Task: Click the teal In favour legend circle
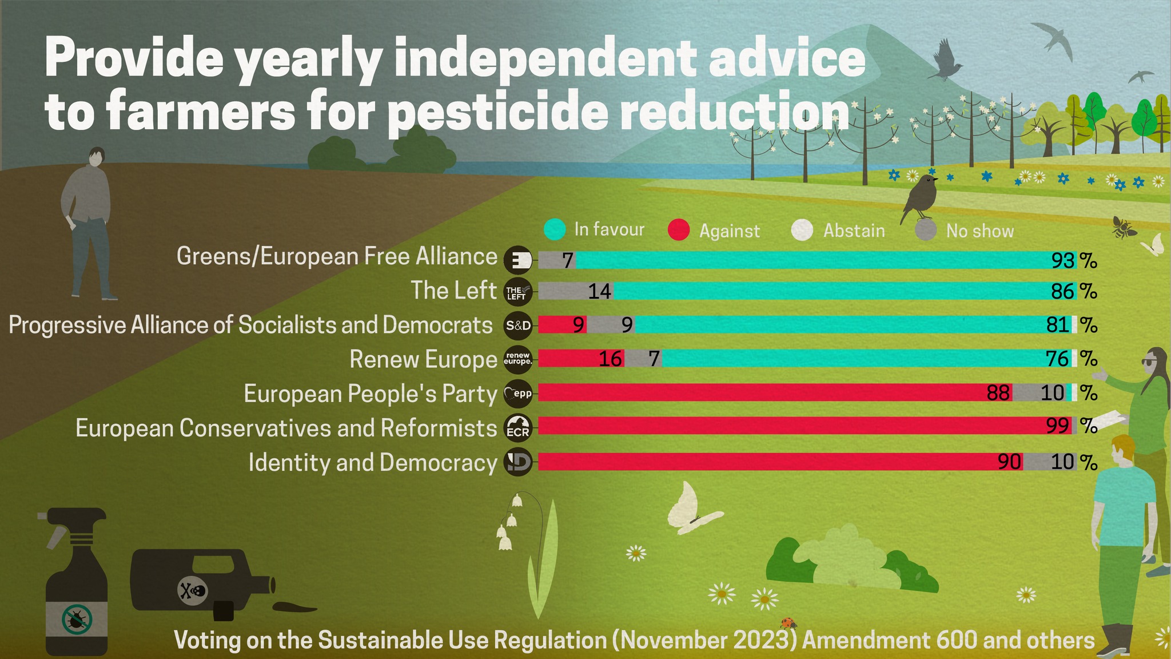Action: pos(554,229)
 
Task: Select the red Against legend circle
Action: pos(678,230)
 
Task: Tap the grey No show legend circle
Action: pos(926,230)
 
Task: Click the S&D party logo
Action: pos(518,325)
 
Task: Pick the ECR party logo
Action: pos(518,428)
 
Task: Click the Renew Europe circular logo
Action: pos(518,359)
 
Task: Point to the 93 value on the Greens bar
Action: pos(1063,261)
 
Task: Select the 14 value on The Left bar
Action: pos(600,292)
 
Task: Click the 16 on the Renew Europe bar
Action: pos(610,359)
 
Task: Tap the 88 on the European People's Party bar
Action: pos(998,393)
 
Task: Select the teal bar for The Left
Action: pos(829,291)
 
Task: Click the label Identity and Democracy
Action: pos(373,462)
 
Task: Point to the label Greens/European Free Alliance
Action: pos(337,256)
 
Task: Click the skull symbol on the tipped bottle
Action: pos(193,590)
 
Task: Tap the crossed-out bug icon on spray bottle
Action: pos(76,620)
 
